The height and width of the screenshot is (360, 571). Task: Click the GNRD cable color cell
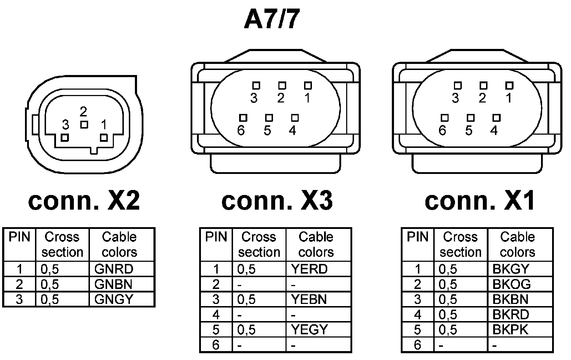pyautogui.click(x=113, y=269)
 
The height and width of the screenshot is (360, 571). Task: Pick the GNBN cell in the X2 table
pyautogui.click(x=113, y=284)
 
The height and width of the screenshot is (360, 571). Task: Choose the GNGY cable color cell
pyautogui.click(x=113, y=299)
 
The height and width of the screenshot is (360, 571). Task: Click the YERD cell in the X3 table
pyautogui.click(x=309, y=269)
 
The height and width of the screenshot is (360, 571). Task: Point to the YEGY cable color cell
pyautogui.click(x=309, y=329)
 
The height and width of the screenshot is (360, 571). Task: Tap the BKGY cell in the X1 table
pyautogui.click(x=511, y=269)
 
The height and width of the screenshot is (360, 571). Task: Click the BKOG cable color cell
pyautogui.click(x=511, y=284)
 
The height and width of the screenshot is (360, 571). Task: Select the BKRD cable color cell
pyautogui.click(x=511, y=314)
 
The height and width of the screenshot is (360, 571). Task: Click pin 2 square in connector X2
pyautogui.click(x=84, y=125)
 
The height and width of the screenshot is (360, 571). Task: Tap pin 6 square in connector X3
pyautogui.click(x=243, y=118)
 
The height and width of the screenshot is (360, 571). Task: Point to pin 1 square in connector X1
pyautogui.click(x=509, y=85)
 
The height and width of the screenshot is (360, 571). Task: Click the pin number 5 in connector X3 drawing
pyautogui.click(x=267, y=131)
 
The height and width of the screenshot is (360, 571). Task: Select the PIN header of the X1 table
pyautogui.click(x=417, y=237)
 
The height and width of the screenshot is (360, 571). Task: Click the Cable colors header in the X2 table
pyautogui.click(x=119, y=244)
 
